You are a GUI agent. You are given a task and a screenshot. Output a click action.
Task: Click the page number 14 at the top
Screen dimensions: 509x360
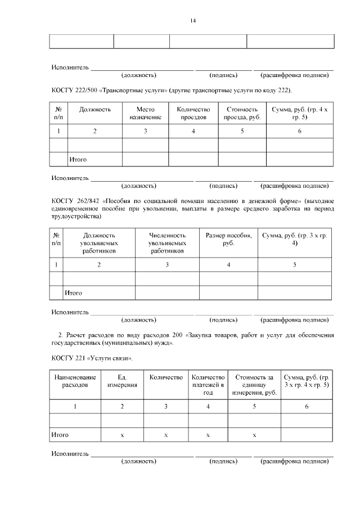coord(192,21)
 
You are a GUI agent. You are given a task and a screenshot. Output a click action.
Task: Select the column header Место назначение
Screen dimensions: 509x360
coord(145,113)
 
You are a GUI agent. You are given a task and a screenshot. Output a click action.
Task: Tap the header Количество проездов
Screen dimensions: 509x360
coord(193,113)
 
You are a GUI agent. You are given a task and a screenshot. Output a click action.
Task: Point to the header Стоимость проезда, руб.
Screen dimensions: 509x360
coord(242,113)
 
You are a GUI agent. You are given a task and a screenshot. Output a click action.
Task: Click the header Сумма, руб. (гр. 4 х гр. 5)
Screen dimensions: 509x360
coord(299,113)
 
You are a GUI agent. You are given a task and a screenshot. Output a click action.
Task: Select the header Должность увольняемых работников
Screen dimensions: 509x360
coord(99,243)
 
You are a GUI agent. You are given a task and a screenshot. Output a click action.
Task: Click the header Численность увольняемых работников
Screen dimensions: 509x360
coord(167,243)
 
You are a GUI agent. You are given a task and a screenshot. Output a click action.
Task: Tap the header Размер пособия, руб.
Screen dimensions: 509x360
coord(228,239)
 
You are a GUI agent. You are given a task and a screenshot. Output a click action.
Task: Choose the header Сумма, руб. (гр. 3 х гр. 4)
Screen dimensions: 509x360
coord(295,239)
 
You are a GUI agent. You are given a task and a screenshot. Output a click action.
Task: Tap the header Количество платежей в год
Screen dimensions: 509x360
coord(208,385)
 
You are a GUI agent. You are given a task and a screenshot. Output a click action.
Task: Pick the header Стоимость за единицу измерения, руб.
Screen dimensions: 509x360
coord(254,385)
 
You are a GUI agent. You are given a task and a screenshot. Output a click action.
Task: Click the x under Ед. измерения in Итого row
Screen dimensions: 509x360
coord(122,435)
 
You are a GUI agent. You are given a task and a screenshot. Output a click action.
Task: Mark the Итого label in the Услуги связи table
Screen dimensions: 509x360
coord(60,435)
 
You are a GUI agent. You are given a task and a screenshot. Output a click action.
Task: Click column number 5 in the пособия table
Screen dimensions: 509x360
coord(295,264)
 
